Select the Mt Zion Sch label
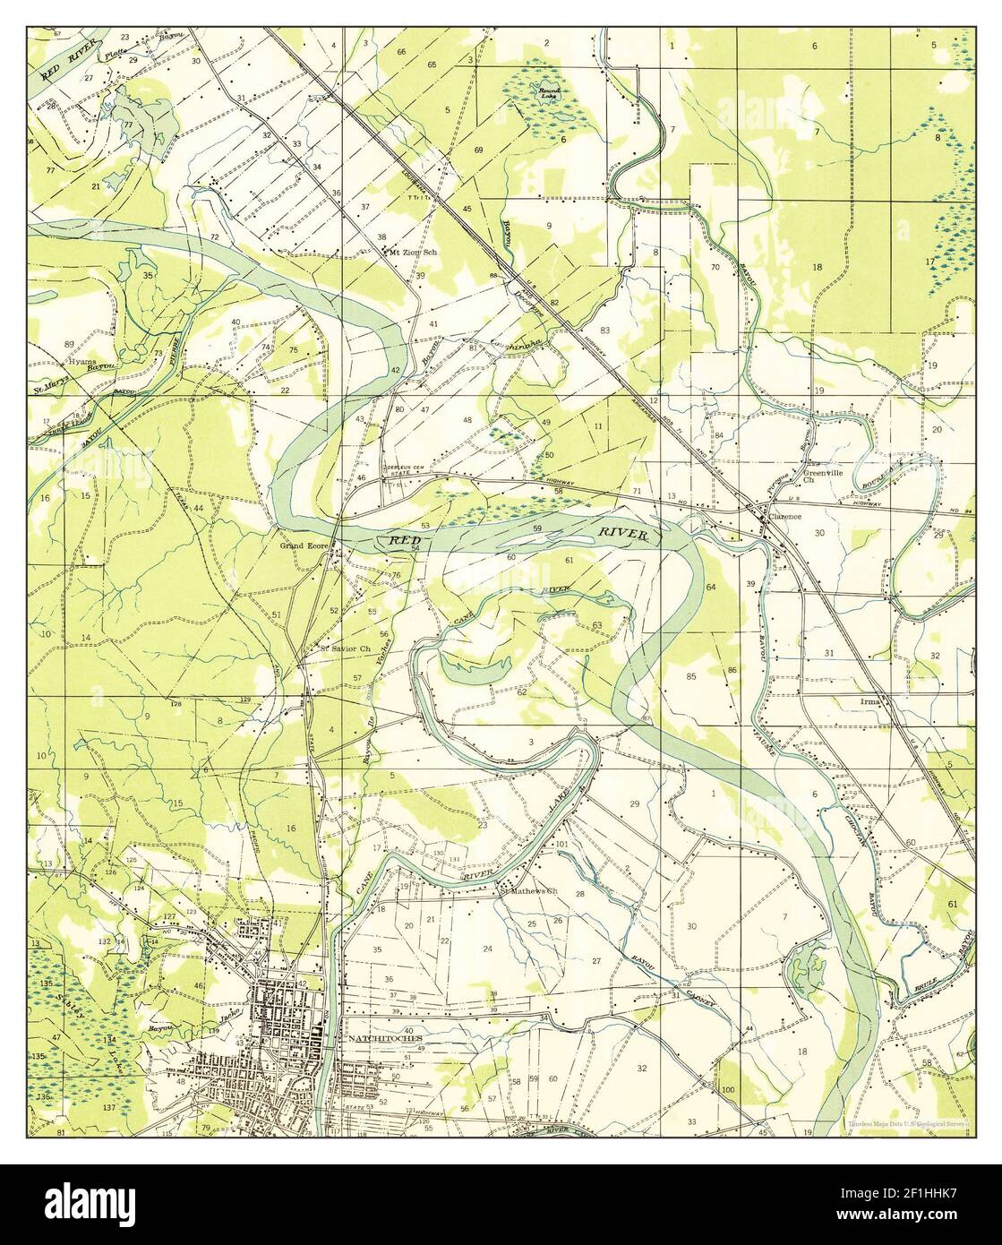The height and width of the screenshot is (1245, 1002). tap(413, 253)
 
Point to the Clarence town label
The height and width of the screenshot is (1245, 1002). tap(784, 517)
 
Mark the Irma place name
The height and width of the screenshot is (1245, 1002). tap(868, 701)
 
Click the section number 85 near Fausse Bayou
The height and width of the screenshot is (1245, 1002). tap(690, 676)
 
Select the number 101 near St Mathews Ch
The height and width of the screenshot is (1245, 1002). tap(562, 845)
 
